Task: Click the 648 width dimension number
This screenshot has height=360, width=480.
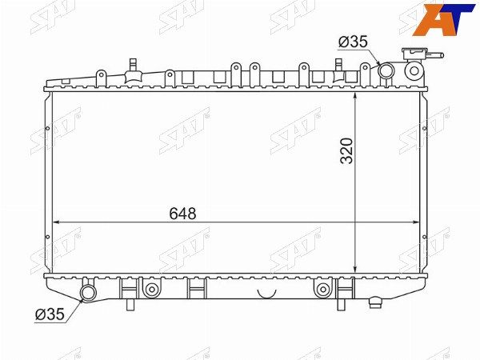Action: point(182,214)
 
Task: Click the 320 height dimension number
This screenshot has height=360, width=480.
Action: point(347,151)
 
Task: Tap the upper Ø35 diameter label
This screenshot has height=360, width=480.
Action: point(353,42)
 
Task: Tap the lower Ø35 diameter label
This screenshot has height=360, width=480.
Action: point(50,314)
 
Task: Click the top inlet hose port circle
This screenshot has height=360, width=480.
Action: point(386,70)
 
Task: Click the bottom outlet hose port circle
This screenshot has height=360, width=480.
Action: point(88,293)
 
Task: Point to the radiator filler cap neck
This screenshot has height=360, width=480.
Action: point(414,70)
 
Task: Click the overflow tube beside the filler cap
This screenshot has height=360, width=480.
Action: point(434,56)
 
